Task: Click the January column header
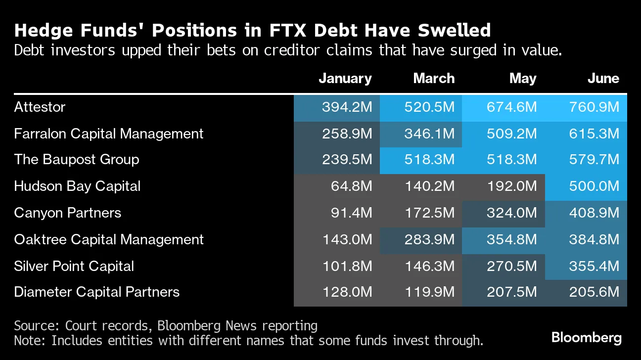(345, 79)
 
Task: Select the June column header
(603, 79)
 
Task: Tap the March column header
(433, 79)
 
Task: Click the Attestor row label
(40, 107)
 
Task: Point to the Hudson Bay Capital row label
(77, 186)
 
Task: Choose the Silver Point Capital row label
(74, 266)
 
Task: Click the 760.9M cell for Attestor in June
(594, 107)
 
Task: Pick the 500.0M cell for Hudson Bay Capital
(594, 186)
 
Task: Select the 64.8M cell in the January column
(351, 186)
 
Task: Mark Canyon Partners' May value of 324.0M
(511, 213)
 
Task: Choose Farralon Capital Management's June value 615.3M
(594, 134)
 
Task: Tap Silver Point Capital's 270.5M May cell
(511, 266)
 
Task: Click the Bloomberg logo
(586, 338)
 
